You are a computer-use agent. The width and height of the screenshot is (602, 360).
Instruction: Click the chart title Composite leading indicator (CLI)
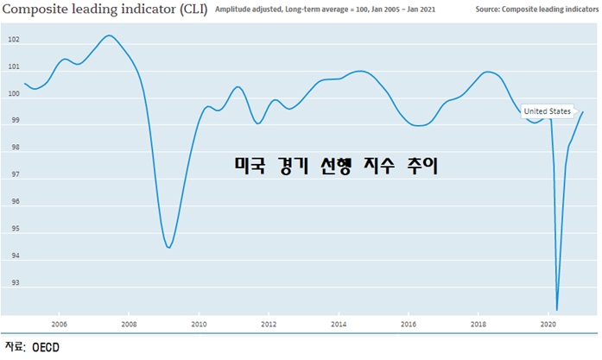tap(105, 10)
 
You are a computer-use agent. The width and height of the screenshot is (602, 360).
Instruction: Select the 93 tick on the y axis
tap(14, 283)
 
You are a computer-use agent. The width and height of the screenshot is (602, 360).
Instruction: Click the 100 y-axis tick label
tap(15, 95)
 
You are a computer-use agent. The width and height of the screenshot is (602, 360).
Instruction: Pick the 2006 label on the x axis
tap(58, 325)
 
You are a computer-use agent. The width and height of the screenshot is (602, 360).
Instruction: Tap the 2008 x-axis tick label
tap(129, 325)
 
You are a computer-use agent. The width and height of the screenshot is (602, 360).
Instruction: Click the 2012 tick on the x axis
tap(269, 325)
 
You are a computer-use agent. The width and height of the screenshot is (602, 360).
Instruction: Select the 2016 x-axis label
tap(409, 325)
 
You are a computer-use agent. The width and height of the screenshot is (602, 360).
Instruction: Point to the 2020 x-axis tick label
tap(548, 325)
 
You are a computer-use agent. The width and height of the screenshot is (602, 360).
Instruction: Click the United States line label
tap(548, 111)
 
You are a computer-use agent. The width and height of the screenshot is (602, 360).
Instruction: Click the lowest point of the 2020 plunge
tap(557, 309)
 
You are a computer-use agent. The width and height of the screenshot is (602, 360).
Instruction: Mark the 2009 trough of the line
tap(168, 248)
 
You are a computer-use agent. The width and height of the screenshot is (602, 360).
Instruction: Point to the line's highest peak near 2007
tap(109, 35)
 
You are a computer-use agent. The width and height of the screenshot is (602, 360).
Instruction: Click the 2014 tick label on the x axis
tap(339, 325)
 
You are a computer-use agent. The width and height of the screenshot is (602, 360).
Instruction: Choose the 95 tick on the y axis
tap(14, 230)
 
